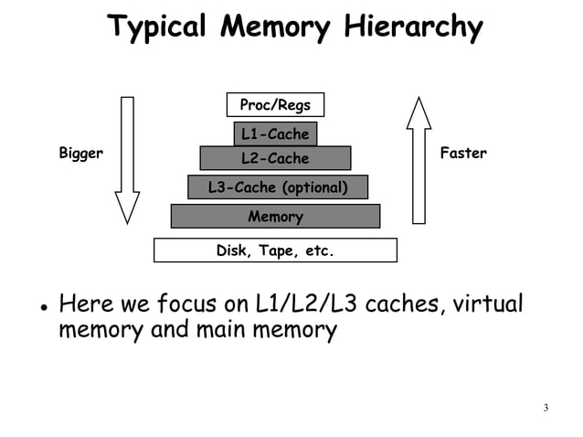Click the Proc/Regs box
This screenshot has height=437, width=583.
(x=275, y=105)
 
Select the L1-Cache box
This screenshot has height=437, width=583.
(x=275, y=134)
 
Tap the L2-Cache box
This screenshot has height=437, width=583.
(x=275, y=158)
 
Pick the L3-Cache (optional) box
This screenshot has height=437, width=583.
(x=278, y=187)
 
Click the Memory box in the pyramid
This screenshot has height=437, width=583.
(x=275, y=217)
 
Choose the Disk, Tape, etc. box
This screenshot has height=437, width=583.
(x=275, y=250)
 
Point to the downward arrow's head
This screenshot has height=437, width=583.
(x=127, y=207)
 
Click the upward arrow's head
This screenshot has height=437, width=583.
(x=419, y=112)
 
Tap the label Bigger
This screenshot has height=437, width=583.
(x=81, y=154)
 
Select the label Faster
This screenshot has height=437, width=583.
(x=463, y=154)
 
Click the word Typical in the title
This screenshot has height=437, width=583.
(x=158, y=28)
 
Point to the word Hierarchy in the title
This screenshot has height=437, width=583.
(x=412, y=28)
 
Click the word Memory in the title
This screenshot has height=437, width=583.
(x=275, y=28)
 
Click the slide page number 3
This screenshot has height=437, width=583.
(x=546, y=408)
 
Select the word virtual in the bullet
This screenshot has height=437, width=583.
(x=488, y=303)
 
